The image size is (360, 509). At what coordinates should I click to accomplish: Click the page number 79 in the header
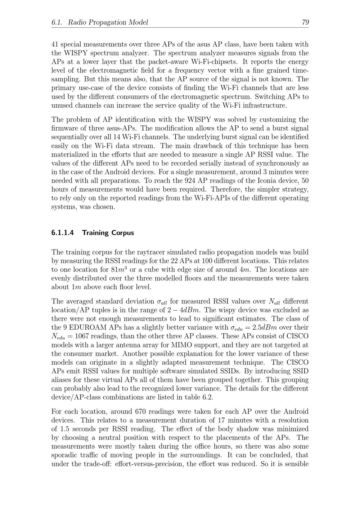click(x=305, y=22)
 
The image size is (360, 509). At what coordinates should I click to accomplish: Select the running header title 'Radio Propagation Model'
click(x=108, y=22)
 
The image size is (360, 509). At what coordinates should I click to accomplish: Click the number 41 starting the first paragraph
click(x=55, y=44)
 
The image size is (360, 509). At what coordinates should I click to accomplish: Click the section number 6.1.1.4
click(x=63, y=233)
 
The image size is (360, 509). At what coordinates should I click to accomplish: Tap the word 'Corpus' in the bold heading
click(x=122, y=233)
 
